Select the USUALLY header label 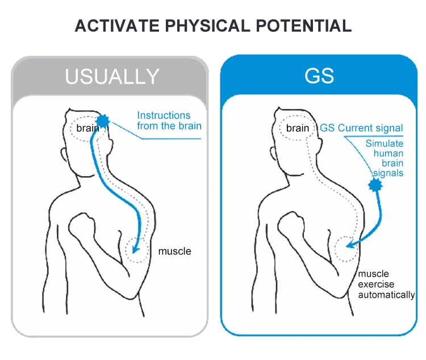click(x=112, y=76)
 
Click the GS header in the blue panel click(x=319, y=76)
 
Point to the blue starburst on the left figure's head click(x=103, y=120)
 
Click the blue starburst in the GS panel click(x=375, y=185)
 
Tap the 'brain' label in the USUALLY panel click(x=87, y=128)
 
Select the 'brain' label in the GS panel click(x=298, y=128)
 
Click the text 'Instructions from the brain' click(x=169, y=120)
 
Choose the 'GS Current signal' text click(x=361, y=128)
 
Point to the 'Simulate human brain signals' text click(x=385, y=158)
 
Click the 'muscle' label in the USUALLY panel click(x=174, y=251)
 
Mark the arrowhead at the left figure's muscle click(x=134, y=248)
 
